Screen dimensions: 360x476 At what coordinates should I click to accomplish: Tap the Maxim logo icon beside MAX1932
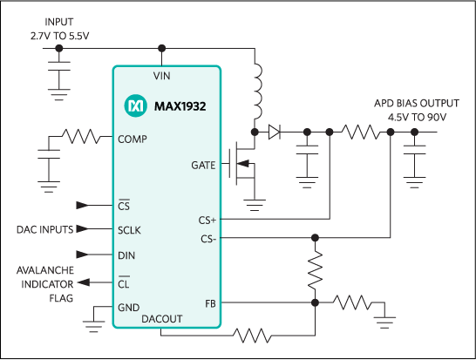[x=136, y=106]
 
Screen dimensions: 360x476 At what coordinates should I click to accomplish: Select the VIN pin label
[x=161, y=76]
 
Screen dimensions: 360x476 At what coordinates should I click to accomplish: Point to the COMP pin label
[x=132, y=139]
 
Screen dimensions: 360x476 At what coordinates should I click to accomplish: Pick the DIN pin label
[x=126, y=255]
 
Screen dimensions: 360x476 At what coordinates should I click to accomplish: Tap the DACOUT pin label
[x=162, y=319]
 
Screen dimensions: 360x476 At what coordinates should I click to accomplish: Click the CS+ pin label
[x=207, y=221]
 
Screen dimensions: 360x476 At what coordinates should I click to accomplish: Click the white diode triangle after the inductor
[x=274, y=132]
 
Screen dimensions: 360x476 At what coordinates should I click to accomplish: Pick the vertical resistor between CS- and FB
[x=316, y=270]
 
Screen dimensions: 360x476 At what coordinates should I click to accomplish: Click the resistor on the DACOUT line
[x=252, y=334]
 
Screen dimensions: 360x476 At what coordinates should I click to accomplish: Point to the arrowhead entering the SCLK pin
[x=83, y=230]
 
